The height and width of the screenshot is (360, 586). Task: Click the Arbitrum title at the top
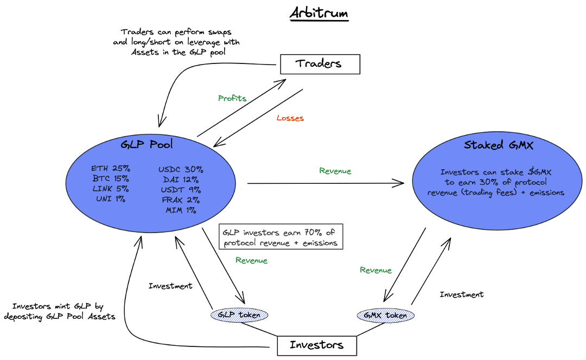coord(319,12)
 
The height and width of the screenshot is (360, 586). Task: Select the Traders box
coord(320,64)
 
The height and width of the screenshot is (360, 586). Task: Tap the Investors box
coord(317,345)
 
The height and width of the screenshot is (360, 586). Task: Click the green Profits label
coord(232,99)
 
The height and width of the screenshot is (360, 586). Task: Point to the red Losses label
coord(290,118)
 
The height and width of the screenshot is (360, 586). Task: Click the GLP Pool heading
coord(148,145)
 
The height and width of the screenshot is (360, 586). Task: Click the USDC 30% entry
coord(181,169)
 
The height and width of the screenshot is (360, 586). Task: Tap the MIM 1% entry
coord(181,210)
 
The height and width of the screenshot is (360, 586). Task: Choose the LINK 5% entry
coord(111,189)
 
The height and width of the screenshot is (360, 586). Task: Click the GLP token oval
coord(239,314)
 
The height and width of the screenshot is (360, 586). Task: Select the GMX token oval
coord(385,314)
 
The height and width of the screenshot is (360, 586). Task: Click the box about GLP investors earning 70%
coord(281,237)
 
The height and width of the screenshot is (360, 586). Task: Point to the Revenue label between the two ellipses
coord(335,171)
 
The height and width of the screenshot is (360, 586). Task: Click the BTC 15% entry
coord(111,178)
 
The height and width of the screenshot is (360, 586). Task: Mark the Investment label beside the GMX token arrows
coord(461,294)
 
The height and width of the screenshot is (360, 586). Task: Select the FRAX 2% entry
coord(181,200)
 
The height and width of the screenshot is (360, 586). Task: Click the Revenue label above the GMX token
coord(375,271)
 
